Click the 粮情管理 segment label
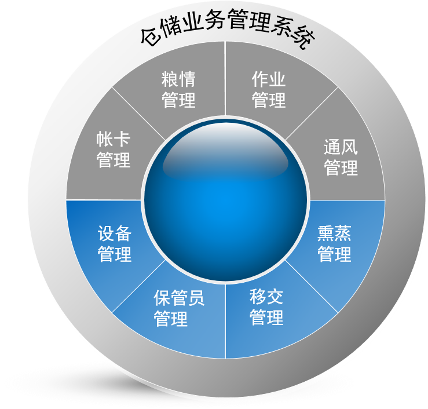tap(178, 90)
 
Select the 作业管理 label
tap(269, 90)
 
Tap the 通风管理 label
tap(341, 156)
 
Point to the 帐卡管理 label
tap(114, 150)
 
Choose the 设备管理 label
tap(115, 244)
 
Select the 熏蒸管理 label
tap(334, 244)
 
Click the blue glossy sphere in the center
tap(225, 200)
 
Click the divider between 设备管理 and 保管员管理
tap(139, 287)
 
